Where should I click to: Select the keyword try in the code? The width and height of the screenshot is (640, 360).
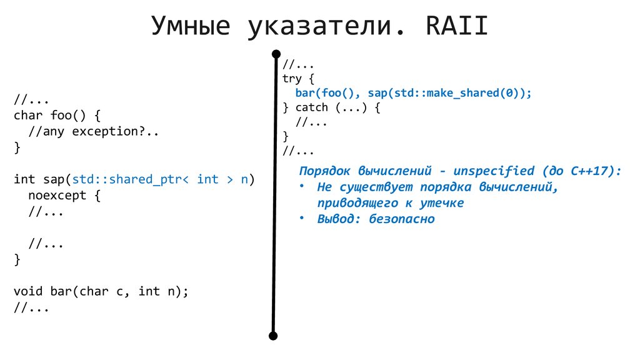292,79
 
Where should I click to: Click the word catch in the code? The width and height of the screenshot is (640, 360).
311,107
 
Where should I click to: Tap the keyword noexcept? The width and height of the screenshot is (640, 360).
57,196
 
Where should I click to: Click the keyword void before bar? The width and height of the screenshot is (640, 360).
28,291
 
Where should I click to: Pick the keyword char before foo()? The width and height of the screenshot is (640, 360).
28,116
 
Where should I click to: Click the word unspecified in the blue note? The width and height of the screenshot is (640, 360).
494,171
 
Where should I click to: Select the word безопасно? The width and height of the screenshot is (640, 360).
401,219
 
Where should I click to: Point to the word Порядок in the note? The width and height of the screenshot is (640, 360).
325,171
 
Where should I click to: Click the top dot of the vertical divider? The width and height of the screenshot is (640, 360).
274,54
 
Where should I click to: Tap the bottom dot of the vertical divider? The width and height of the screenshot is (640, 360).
273,336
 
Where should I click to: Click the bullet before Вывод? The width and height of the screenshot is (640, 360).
302,218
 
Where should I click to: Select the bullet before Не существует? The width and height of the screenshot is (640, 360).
302,186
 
